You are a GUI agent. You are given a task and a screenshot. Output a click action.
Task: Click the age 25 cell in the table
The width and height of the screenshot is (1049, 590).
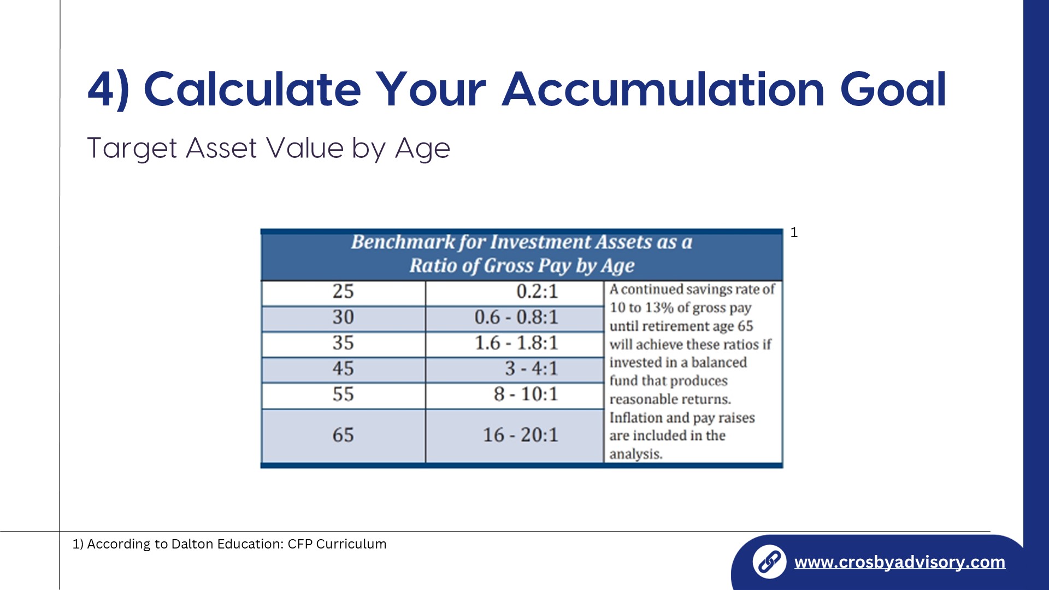pos(343,292)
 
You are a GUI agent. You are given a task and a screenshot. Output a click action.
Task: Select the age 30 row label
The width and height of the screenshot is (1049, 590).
pos(343,317)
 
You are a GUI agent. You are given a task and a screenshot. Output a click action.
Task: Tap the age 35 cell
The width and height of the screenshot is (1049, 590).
pos(343,343)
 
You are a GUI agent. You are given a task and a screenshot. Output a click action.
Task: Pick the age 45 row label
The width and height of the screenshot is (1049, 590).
pos(343,369)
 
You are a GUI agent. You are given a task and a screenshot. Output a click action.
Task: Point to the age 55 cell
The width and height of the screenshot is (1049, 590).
pos(343,394)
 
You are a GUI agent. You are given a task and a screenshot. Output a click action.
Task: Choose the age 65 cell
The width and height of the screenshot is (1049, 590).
pos(343,435)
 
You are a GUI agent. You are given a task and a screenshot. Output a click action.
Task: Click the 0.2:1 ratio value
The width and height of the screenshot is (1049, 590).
pos(538,292)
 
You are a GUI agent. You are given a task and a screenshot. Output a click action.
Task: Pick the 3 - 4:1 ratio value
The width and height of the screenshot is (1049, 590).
pos(532,369)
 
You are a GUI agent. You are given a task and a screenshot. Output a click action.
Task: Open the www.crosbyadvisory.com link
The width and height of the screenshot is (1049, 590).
pos(899,562)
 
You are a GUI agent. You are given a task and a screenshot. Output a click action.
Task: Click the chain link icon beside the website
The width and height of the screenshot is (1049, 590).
pos(769,562)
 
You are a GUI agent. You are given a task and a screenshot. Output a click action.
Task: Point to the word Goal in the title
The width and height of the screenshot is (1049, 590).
pos(893,89)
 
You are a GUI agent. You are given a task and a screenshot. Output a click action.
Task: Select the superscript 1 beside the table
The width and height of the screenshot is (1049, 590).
pos(794,233)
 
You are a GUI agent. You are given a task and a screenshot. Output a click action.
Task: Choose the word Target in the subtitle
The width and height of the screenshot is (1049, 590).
pos(132,148)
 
